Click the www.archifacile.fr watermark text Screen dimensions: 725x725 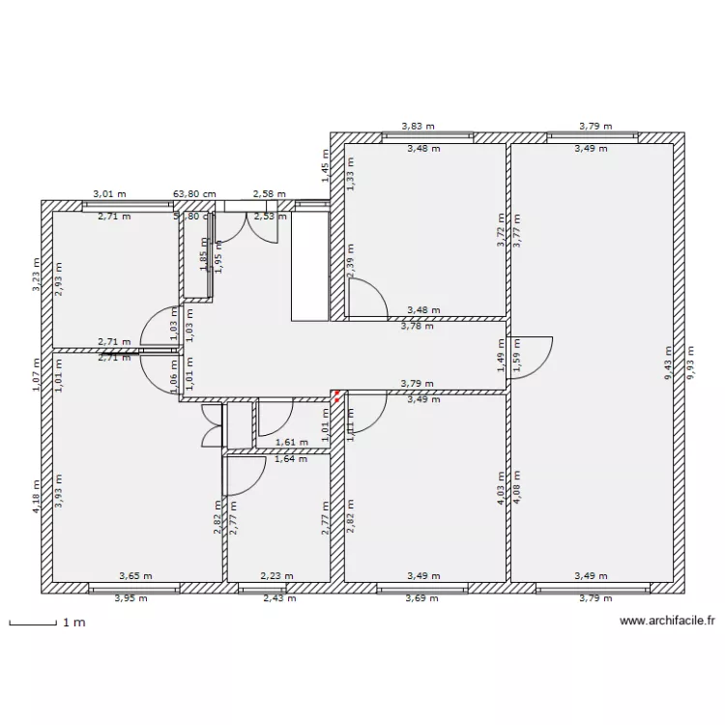click(x=667, y=623)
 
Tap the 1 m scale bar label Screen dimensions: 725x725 click(x=73, y=623)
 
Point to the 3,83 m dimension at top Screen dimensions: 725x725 click(x=419, y=126)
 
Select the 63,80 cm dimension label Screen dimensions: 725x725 click(x=194, y=194)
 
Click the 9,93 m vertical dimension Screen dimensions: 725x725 click(x=689, y=364)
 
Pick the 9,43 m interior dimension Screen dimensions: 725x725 click(x=668, y=364)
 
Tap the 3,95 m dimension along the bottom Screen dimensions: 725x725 click(x=130, y=598)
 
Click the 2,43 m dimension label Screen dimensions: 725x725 click(x=279, y=598)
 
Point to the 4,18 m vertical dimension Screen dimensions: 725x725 click(x=37, y=497)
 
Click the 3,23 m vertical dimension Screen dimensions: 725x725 click(x=37, y=275)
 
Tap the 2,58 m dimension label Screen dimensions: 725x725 click(x=269, y=194)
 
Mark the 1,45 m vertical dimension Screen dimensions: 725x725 click(x=325, y=166)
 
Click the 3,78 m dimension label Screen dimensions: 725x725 click(x=417, y=327)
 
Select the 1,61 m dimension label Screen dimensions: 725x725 click(x=292, y=443)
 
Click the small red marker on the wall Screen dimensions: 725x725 click(x=335, y=394)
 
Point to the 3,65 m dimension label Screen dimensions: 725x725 click(x=135, y=576)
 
